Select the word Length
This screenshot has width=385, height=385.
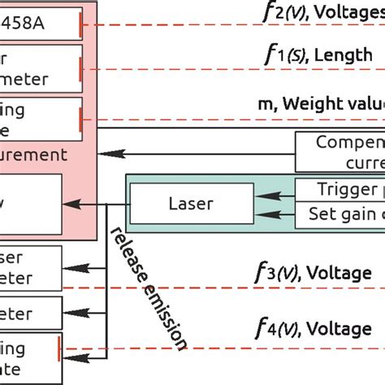coord(342,55)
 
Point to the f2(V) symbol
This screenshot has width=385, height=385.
coord(284,12)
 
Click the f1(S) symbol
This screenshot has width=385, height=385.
coord(284,56)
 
